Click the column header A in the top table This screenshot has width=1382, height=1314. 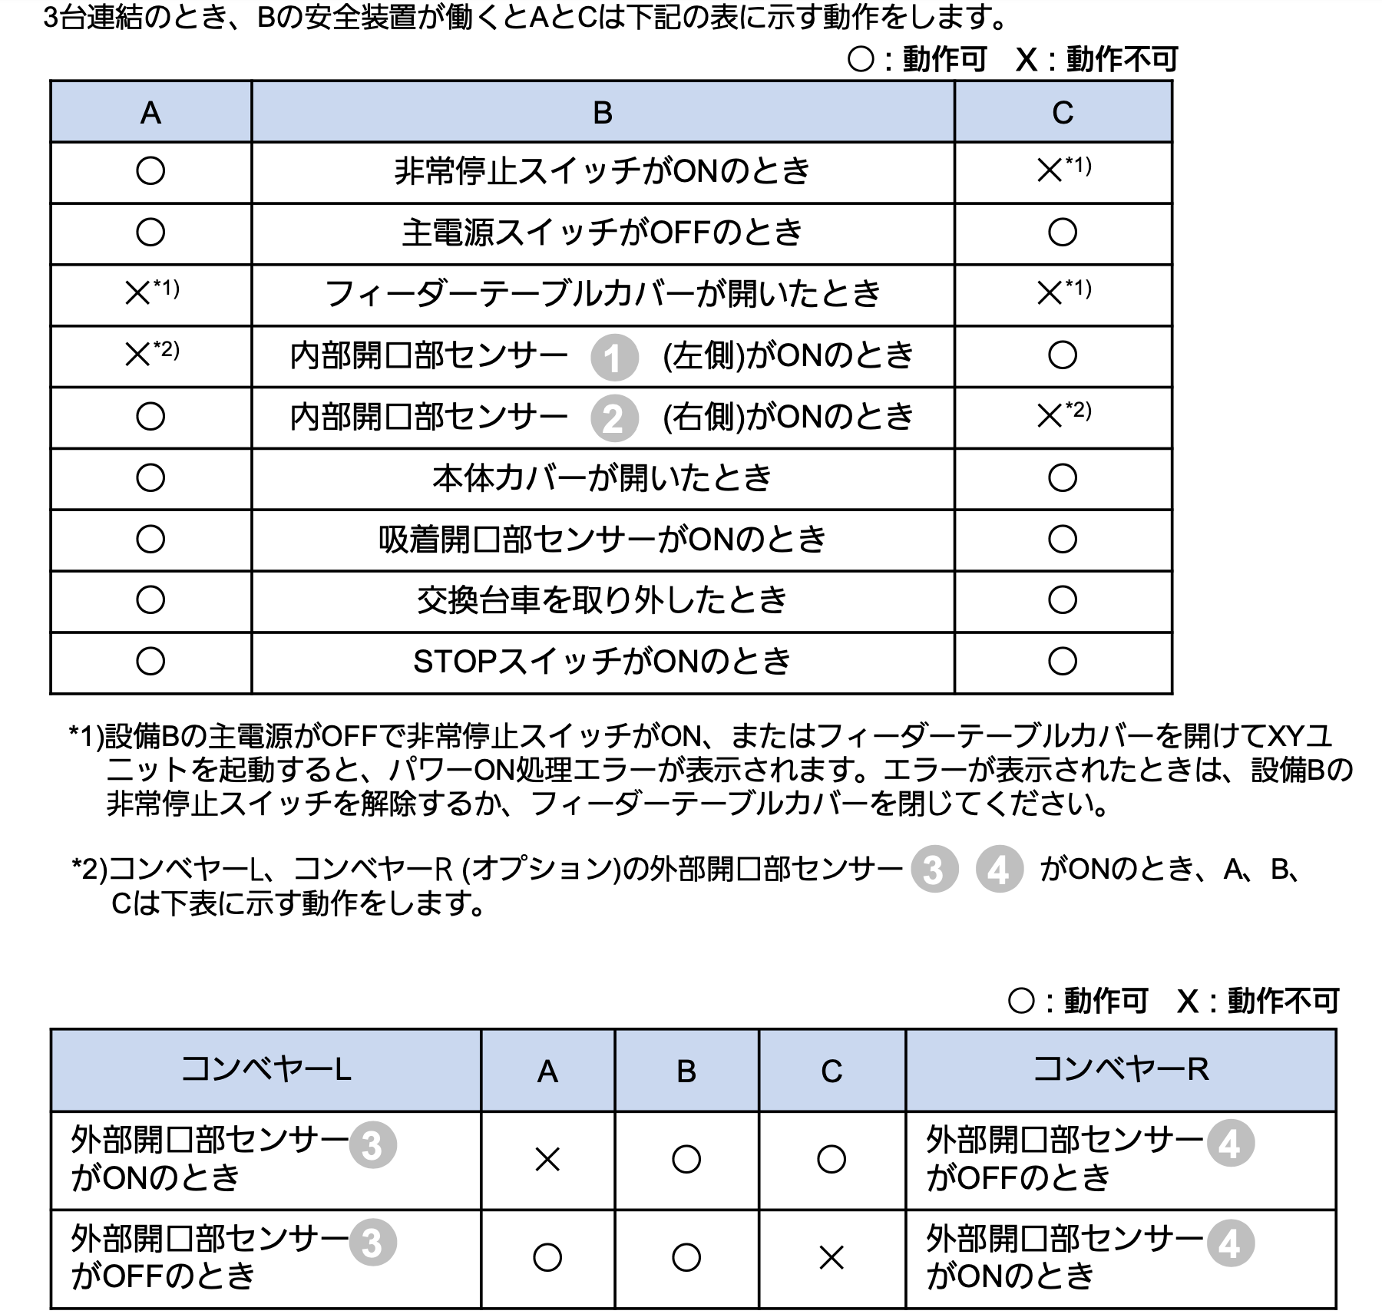coord(150,113)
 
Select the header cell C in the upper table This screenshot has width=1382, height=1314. coord(1063,113)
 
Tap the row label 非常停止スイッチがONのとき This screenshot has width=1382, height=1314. coord(602,170)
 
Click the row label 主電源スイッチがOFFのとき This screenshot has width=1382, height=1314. coord(602,232)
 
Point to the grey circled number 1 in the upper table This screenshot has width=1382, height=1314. coord(614,358)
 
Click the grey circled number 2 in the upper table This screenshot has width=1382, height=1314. coord(614,419)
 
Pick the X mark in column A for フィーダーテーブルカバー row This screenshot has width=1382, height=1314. coord(138,293)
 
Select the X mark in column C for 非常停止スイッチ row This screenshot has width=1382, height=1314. coord(1050,170)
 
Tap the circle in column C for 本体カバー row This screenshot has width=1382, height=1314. coord(1063,478)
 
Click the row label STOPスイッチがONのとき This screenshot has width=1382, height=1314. coord(602,662)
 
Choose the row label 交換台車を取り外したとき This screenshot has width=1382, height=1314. coord(602,600)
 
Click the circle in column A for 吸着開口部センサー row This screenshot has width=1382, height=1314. coord(150,540)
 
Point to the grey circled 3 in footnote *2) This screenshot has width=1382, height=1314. coord(934,870)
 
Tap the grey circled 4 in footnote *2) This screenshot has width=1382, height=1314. coord(999,870)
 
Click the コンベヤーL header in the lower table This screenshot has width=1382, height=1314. coord(266,1069)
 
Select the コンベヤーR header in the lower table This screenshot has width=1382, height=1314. coord(1121,1069)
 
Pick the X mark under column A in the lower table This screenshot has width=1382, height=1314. coord(547,1159)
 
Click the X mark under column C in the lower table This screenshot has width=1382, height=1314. coord(832,1257)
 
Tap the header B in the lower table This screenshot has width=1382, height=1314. coord(686,1071)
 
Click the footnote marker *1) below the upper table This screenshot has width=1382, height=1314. coord(86,737)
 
